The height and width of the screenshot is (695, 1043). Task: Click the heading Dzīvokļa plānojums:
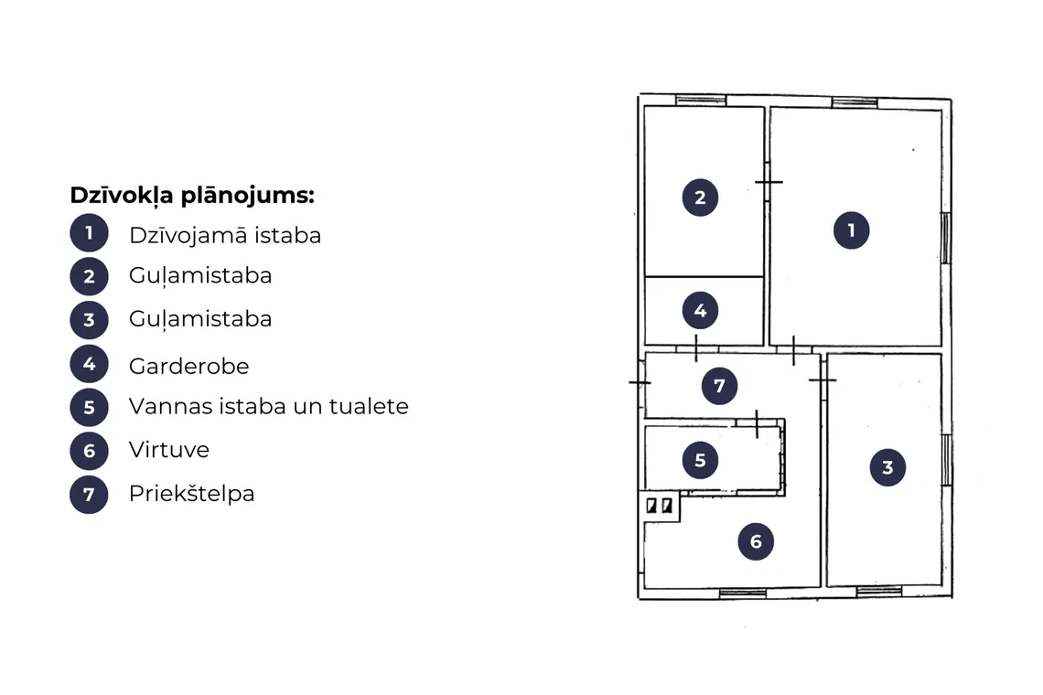pos(192,196)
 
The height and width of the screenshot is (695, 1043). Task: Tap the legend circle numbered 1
pos(89,233)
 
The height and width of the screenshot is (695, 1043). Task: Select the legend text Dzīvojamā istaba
pos(225,235)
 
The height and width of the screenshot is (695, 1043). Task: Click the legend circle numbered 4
pos(89,364)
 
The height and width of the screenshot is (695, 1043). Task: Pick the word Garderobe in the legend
pos(188,366)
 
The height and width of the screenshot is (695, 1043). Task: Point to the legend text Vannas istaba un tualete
pos(269,406)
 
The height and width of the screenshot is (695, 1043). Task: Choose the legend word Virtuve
pos(169,450)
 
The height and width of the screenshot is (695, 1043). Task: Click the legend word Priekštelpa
pos(191,494)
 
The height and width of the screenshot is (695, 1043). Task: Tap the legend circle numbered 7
pos(89,495)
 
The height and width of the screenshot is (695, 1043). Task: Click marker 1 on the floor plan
pos(852,230)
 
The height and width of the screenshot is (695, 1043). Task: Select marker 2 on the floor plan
pos(701,197)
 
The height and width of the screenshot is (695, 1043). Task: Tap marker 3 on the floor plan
pos(888,467)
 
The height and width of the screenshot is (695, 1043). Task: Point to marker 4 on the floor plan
pos(701,310)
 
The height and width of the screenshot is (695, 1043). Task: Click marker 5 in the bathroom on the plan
pos(701,460)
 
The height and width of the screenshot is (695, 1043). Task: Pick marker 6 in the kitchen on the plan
pos(757,541)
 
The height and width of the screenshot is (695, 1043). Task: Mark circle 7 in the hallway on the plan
pos(720,386)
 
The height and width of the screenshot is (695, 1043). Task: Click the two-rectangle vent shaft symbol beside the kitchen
pos(659,506)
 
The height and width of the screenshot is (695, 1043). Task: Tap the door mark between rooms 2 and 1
pos(769,182)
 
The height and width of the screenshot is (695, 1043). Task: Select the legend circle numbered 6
pos(89,451)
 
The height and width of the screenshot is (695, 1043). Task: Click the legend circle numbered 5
pos(89,407)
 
